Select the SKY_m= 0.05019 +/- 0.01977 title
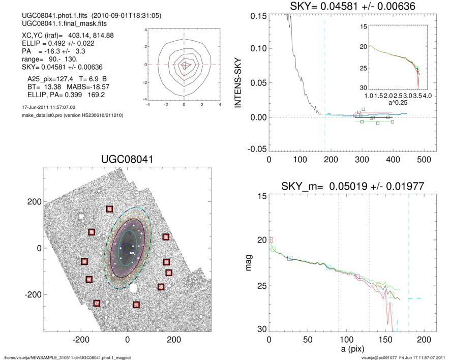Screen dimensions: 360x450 353,187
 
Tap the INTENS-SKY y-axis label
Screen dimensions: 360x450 237,82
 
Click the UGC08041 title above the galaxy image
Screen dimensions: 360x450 127,160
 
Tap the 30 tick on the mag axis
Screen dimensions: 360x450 260,329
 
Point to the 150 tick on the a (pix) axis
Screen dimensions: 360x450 385,340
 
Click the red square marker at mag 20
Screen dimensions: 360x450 271,240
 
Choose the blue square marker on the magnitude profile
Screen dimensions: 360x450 290,258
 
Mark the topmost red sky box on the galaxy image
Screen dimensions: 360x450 109,209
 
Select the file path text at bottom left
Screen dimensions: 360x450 67,357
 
